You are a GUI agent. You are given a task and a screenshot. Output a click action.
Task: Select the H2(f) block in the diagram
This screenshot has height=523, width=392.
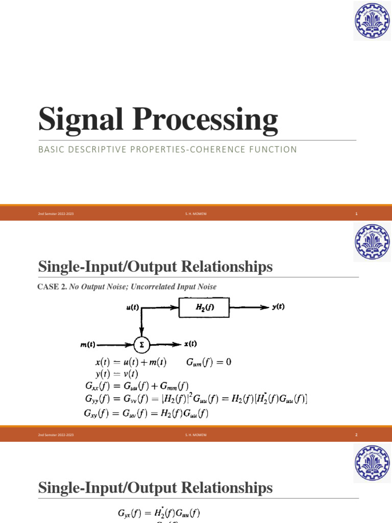(204, 307)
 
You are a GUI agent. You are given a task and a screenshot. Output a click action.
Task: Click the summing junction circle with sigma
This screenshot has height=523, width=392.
(141, 344)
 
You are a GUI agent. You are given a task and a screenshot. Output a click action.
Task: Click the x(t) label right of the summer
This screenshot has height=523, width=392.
(190, 344)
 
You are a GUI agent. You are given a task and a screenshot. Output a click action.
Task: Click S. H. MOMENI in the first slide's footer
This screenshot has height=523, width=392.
(195, 214)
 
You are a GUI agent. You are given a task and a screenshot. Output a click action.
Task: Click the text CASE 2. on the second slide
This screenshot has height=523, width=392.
(53, 287)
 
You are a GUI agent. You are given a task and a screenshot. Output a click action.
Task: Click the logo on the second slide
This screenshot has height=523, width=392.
(372, 244)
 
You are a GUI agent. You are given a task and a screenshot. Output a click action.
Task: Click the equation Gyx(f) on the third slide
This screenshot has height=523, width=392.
(160, 513)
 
